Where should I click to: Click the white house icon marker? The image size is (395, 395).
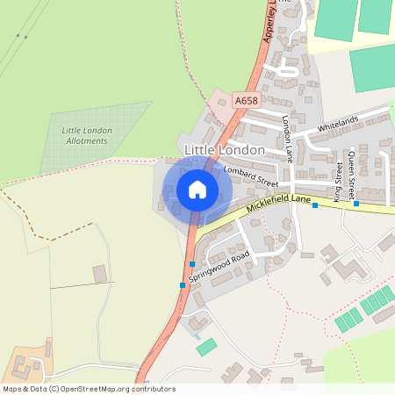197,189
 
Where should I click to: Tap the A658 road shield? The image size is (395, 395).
246,102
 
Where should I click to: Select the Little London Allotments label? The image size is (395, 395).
87,135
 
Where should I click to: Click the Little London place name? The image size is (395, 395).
224,150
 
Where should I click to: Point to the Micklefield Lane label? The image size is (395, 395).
279,205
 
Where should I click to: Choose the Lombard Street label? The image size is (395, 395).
250,176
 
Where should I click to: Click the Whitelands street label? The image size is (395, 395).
339,126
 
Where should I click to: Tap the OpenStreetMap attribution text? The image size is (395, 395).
89,388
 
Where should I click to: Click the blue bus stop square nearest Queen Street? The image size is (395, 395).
356,204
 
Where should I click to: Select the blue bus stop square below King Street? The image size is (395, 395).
314,205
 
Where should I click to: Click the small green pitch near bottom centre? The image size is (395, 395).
206,347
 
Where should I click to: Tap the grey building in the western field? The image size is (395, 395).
100,274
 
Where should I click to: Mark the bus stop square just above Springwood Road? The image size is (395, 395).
191,264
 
